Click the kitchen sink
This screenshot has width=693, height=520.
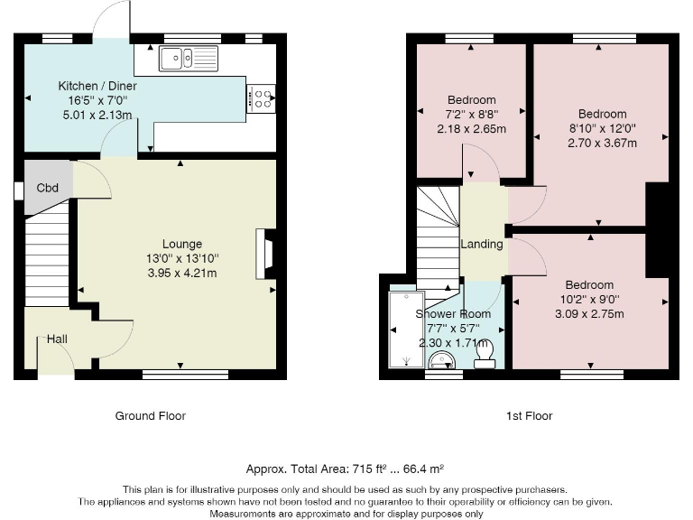189,59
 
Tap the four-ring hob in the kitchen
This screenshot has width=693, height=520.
261,98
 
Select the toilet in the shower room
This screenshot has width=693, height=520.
485,356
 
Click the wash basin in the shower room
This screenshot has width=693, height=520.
440,360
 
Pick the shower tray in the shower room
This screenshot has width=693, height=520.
406,330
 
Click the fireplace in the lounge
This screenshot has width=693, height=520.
265,254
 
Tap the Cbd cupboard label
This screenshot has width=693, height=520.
47,188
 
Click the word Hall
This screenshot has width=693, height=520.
57,339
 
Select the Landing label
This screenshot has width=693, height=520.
482,244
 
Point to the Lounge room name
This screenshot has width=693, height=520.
182,244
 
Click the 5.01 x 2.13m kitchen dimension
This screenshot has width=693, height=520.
97,115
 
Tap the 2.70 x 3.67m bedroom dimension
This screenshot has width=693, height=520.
602,143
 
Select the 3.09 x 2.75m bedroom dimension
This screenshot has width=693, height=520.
589,314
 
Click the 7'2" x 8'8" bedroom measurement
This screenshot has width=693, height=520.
472,114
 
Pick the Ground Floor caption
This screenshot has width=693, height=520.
151,415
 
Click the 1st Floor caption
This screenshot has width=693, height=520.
529,415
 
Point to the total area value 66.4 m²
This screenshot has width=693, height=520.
423,469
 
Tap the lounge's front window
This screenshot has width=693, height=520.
186,375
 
